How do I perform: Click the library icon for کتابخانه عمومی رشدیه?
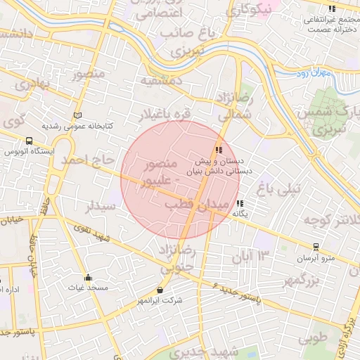[77, 115]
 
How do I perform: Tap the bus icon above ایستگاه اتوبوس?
[29, 141]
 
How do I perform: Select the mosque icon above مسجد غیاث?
[88, 277]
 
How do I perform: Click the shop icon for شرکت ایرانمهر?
[161, 289]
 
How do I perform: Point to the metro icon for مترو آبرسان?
[316, 247]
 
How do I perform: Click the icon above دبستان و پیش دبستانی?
[219, 150]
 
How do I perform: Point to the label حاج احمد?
[88, 160]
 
